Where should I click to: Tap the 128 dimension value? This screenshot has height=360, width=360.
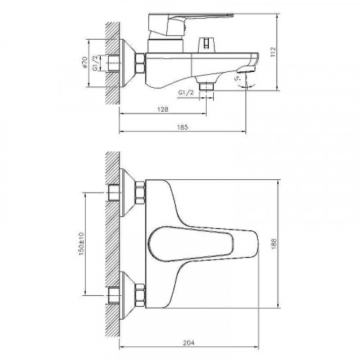(x=164, y=109)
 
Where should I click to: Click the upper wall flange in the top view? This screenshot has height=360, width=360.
(x=130, y=194)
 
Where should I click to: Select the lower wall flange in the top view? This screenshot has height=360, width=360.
(x=130, y=293)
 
